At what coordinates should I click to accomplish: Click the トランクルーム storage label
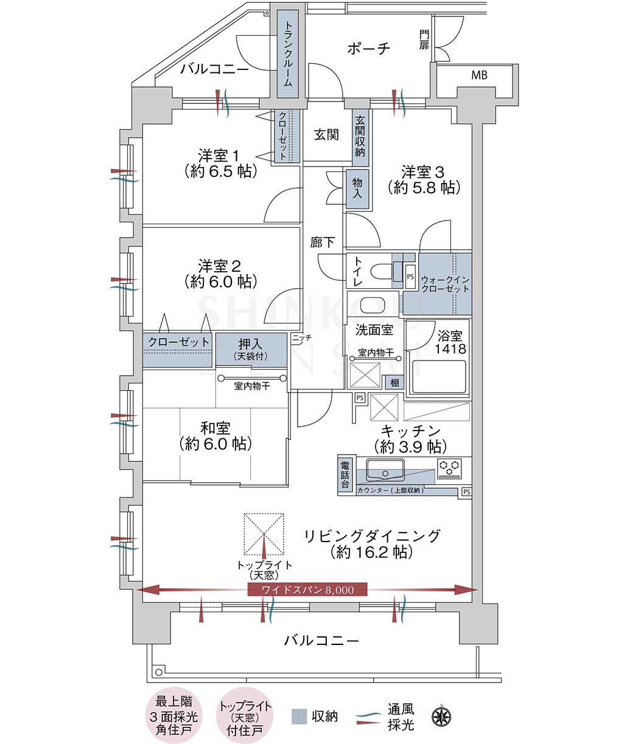click(287, 54)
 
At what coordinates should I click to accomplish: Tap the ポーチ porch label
click(369, 48)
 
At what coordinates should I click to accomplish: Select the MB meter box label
click(480, 75)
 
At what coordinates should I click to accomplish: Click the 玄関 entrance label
click(326, 134)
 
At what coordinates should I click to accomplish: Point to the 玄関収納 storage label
click(360, 136)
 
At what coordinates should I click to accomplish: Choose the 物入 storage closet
click(357, 189)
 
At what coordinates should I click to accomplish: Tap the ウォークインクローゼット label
click(445, 284)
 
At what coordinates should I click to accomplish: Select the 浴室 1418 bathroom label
click(450, 342)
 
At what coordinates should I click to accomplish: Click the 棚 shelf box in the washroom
click(394, 382)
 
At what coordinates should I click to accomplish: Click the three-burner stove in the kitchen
click(449, 468)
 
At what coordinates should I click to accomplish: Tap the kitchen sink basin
click(385, 469)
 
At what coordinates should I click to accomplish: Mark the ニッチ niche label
click(302, 337)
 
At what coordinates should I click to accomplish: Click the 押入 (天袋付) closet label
click(251, 350)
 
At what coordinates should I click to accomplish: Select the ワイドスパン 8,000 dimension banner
click(307, 590)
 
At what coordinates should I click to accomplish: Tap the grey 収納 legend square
click(299, 716)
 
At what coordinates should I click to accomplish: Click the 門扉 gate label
click(424, 40)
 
